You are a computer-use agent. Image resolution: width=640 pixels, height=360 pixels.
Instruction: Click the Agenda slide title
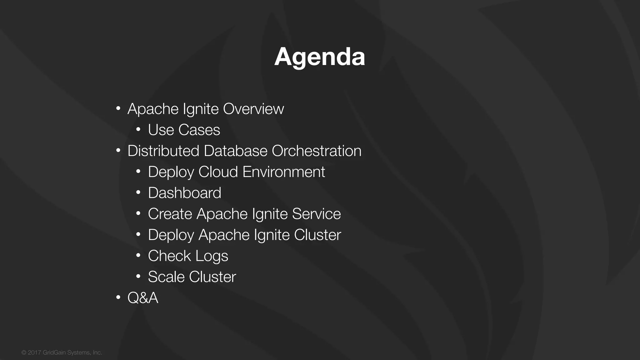pos(319,57)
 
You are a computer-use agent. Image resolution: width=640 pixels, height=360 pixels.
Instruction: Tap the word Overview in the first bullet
pos(253,109)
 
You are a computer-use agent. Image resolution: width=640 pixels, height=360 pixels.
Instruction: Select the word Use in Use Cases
pos(161,130)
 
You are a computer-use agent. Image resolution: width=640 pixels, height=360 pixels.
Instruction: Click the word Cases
pos(199,130)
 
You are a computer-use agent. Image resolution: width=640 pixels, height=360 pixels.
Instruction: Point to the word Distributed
pos(163,151)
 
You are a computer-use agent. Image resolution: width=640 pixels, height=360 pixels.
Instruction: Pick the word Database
pos(236,151)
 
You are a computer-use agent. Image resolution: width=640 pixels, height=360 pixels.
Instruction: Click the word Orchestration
pos(316,151)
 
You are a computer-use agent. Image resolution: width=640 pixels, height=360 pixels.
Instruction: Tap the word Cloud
pos(218,172)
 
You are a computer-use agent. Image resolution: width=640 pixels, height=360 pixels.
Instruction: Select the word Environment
pos(283,172)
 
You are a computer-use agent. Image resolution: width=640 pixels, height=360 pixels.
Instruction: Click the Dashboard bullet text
pos(184,193)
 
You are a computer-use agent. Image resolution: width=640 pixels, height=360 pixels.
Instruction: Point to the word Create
pos(170,214)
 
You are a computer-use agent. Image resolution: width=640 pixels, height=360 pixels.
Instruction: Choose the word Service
pos(316,214)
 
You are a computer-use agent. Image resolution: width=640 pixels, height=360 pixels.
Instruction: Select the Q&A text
pos(143,298)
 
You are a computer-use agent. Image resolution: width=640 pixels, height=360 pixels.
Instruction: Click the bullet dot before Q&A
pos(118,297)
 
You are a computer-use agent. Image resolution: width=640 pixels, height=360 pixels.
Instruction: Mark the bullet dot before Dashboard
pos(138,192)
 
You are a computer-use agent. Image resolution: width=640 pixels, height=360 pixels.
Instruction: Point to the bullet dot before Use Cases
pos(138,130)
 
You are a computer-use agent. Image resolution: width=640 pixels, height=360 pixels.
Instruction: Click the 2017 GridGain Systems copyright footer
pos(62,352)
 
